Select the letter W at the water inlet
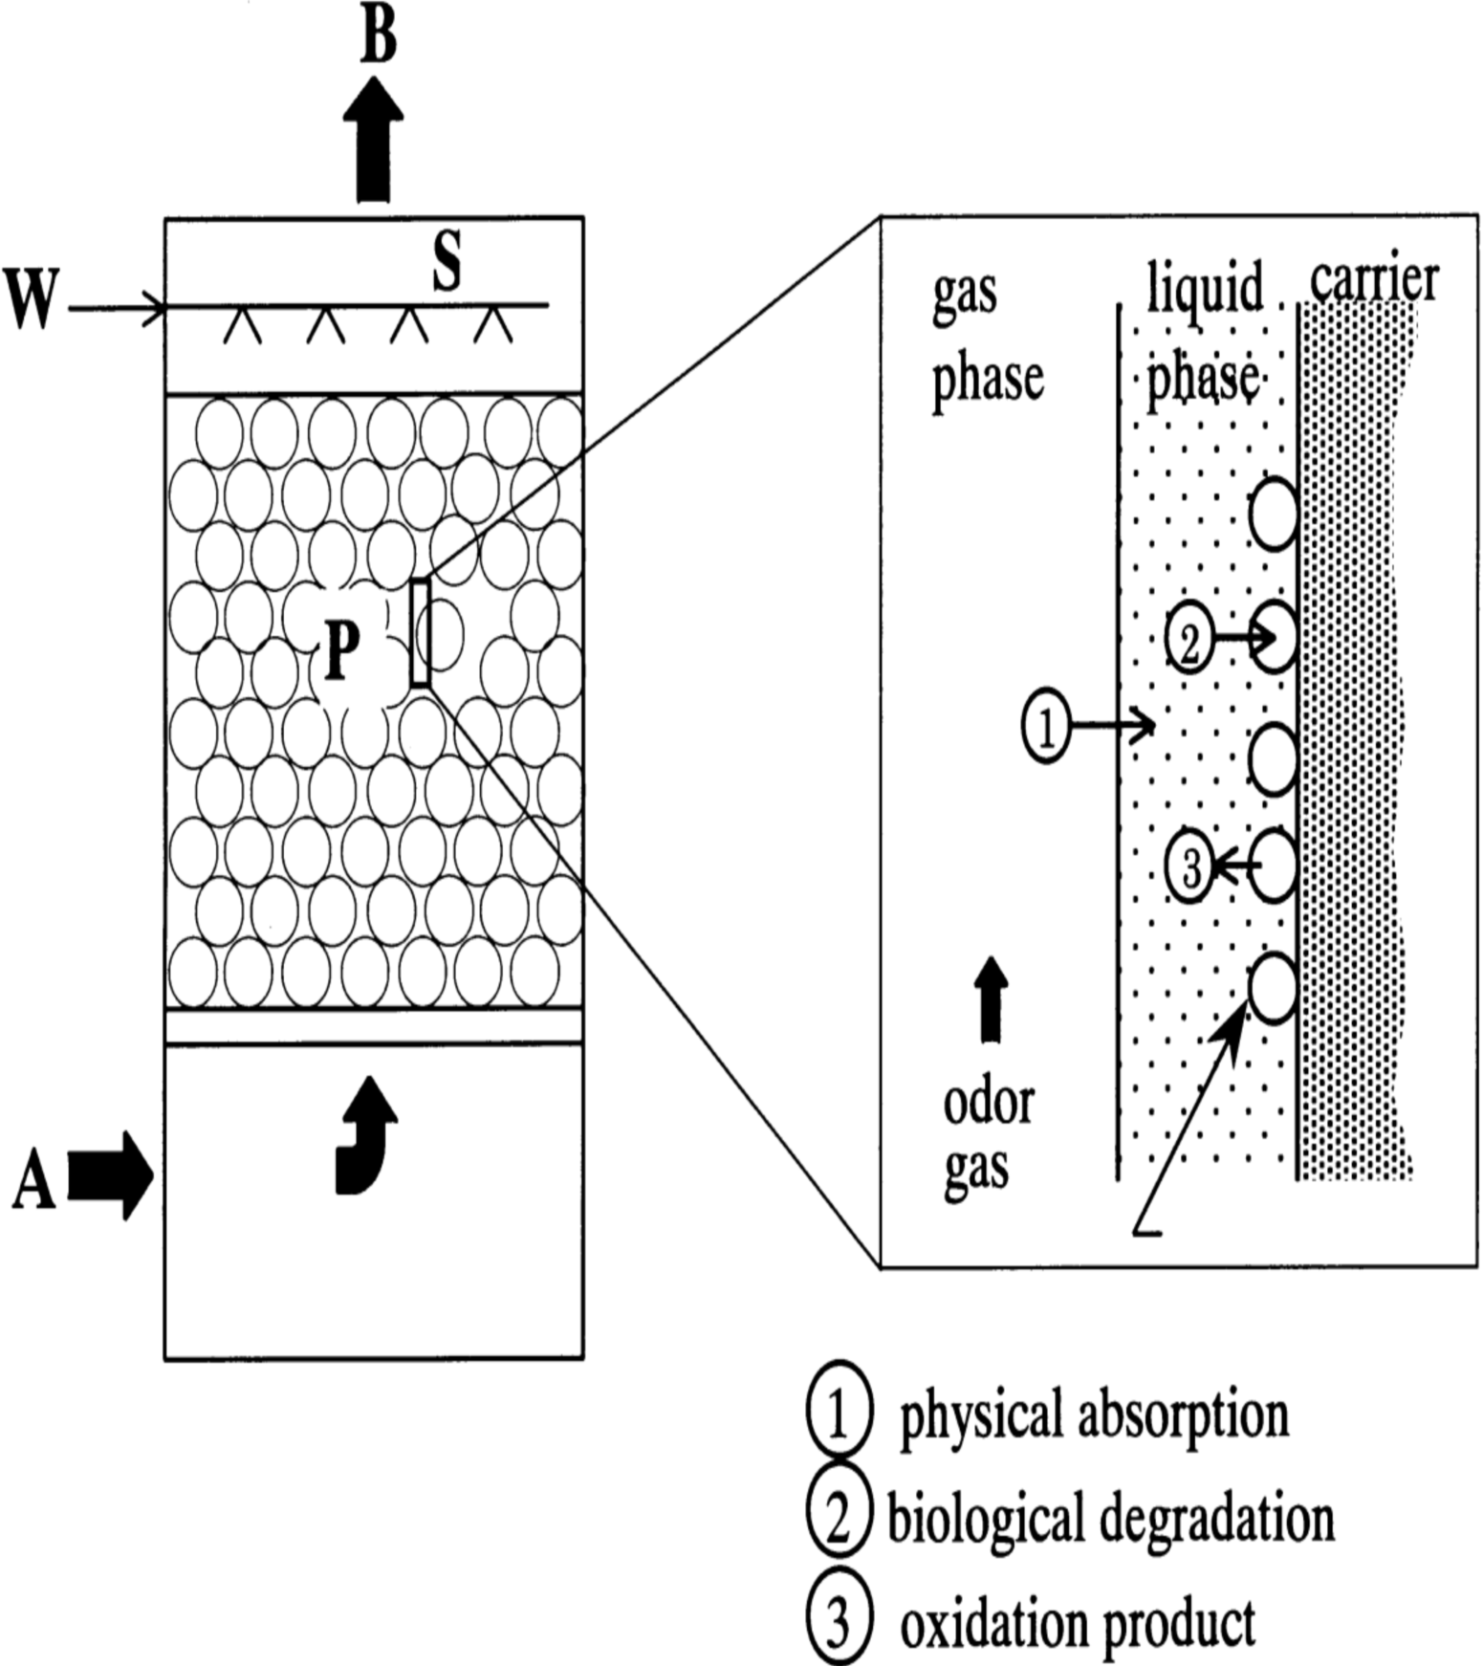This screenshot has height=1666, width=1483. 32,298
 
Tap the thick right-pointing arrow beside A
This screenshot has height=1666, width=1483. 111,1176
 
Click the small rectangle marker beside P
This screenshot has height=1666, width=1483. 420,632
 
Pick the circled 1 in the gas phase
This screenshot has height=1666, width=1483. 1046,728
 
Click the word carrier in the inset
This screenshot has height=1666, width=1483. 1374,280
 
